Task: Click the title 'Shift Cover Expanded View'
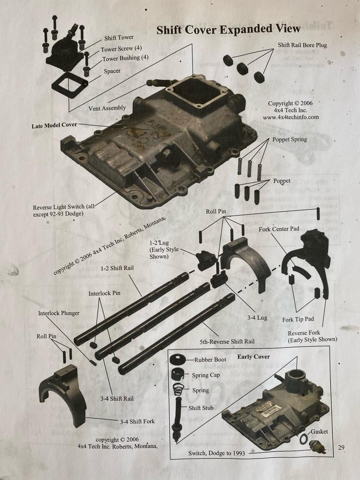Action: pyautogui.click(x=228, y=30)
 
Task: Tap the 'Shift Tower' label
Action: pyautogui.click(x=119, y=37)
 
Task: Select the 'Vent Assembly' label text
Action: pyautogui.click(x=107, y=108)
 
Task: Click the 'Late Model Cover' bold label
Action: pyautogui.click(x=54, y=126)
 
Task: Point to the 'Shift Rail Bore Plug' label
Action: pyautogui.click(x=302, y=45)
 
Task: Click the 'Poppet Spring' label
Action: pyautogui.click(x=290, y=140)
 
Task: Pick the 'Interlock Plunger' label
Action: pyautogui.click(x=59, y=313)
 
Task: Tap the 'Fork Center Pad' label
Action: pyautogui.click(x=279, y=230)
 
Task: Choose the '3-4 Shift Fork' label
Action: pyautogui.click(x=137, y=421)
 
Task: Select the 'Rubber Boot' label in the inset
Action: pyautogui.click(x=210, y=360)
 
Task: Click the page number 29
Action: pyautogui.click(x=341, y=448)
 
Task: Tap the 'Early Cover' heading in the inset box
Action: pyautogui.click(x=253, y=357)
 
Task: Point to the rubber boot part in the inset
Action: pyautogui.click(x=177, y=360)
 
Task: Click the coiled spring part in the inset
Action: pyautogui.click(x=178, y=389)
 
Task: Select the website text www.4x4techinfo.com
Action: pyautogui.click(x=291, y=117)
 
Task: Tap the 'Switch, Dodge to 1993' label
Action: pyautogui.click(x=217, y=453)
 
